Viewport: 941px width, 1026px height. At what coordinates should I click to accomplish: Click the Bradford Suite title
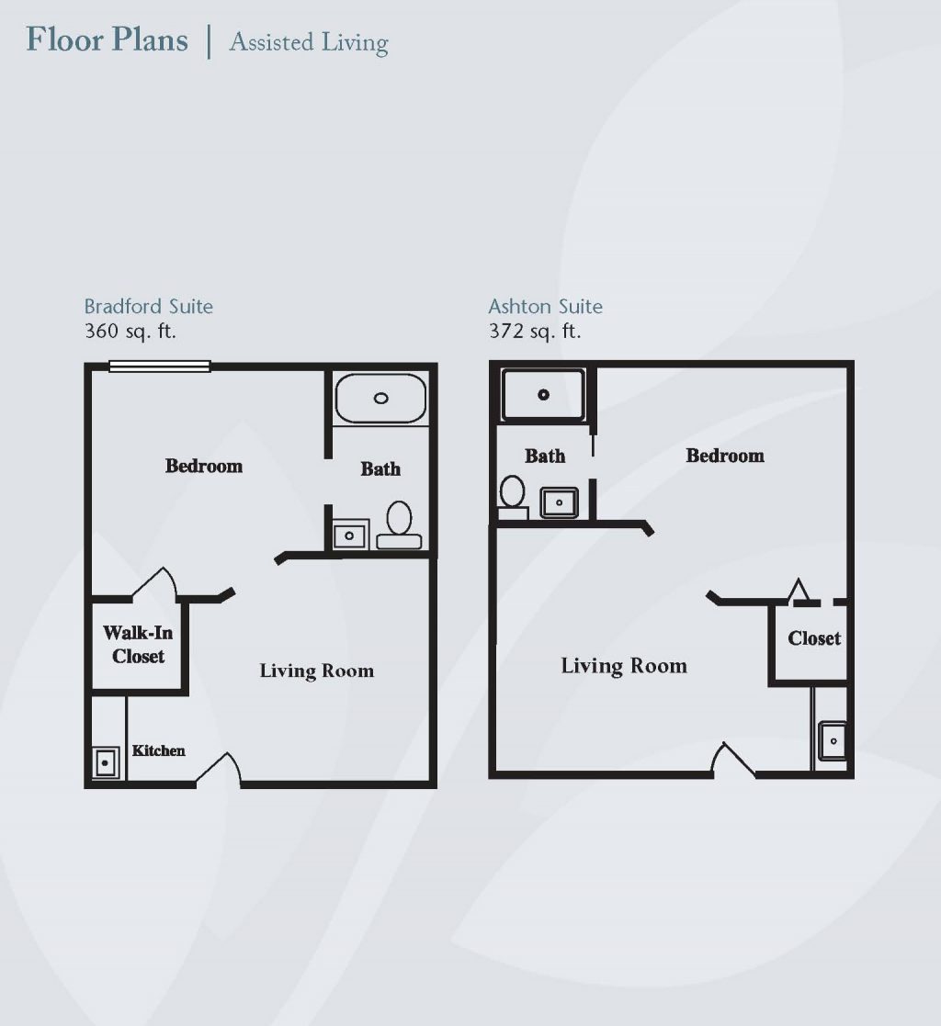(149, 306)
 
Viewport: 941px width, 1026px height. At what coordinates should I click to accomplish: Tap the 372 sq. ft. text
(534, 331)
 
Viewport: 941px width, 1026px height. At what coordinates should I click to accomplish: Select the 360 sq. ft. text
(130, 331)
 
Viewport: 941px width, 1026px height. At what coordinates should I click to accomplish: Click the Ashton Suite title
(546, 306)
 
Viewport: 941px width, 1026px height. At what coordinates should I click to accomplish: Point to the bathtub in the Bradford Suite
(380, 398)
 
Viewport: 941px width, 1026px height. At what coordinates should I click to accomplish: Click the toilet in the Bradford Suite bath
(399, 525)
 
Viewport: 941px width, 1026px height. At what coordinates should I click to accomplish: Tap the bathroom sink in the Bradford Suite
(350, 536)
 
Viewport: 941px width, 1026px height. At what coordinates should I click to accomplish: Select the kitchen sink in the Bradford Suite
(106, 762)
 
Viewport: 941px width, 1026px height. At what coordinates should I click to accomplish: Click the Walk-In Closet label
(138, 645)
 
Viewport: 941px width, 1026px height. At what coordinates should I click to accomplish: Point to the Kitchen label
(158, 750)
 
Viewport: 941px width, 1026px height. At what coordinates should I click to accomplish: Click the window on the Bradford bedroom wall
(159, 366)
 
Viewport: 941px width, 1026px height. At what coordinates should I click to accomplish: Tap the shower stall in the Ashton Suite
(543, 395)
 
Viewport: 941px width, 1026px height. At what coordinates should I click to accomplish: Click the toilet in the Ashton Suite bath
(513, 497)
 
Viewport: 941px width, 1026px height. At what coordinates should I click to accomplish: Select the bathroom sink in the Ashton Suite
(560, 502)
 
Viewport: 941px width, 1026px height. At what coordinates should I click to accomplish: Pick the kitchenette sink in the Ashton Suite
(833, 740)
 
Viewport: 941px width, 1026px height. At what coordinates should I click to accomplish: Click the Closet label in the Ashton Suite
(814, 638)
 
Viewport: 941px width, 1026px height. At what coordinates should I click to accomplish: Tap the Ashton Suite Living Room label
(624, 666)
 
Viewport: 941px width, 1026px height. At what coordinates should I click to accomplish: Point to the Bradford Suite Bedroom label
(204, 466)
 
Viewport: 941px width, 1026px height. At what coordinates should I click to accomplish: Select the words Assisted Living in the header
(309, 42)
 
